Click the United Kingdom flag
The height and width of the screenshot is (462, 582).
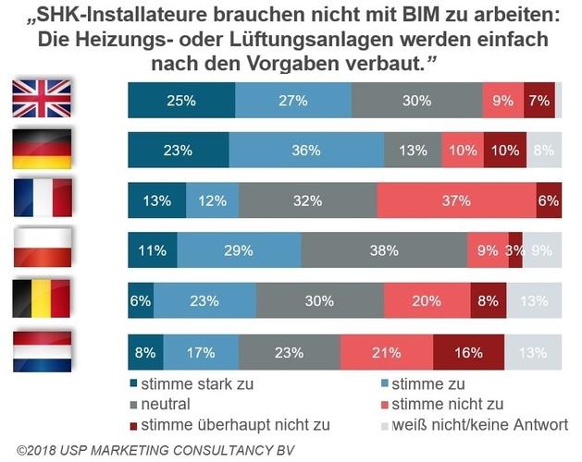pyautogui.click(x=41, y=99)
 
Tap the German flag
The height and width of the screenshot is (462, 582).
pyautogui.click(x=41, y=149)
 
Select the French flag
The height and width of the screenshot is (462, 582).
pyautogui.click(x=41, y=199)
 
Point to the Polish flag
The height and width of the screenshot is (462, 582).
pyautogui.click(x=41, y=249)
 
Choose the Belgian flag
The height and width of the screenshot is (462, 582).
pyautogui.click(x=41, y=299)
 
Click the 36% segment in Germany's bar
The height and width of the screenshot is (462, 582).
pyautogui.click(x=306, y=149)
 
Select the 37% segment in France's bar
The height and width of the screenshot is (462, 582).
pyautogui.click(x=456, y=200)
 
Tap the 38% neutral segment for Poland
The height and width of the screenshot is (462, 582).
pyautogui.click(x=384, y=249)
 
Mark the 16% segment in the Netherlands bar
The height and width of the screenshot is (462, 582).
pyautogui.click(x=468, y=351)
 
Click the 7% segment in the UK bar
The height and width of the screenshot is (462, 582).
pyautogui.click(x=539, y=100)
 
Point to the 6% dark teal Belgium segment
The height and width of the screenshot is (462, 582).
pyautogui.click(x=141, y=300)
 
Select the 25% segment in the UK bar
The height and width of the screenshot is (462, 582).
pyautogui.click(x=181, y=100)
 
